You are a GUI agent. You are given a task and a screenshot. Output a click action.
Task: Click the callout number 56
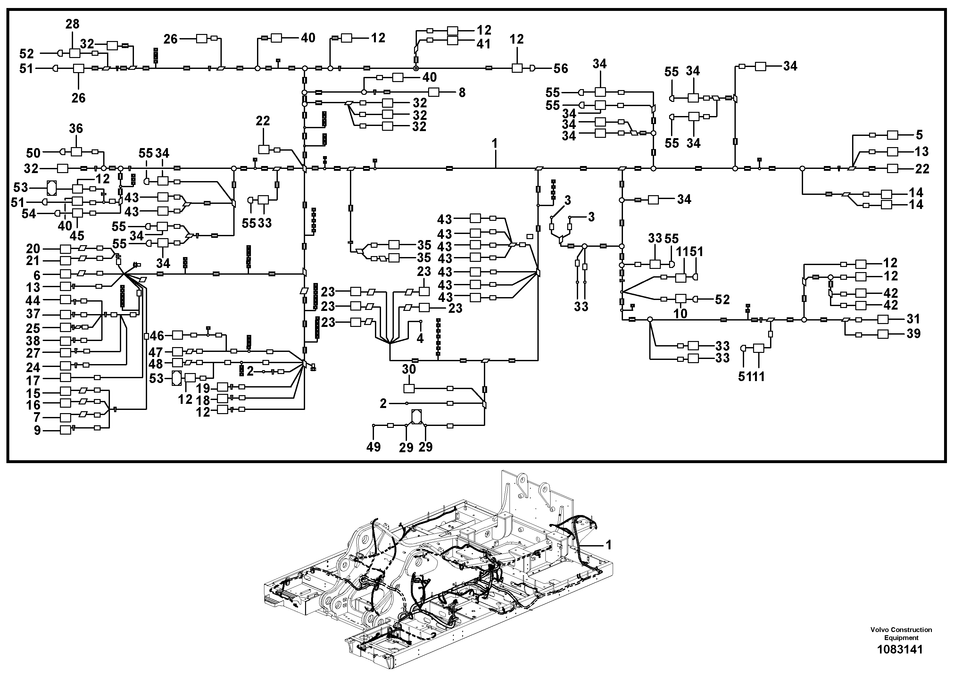pos(560,69)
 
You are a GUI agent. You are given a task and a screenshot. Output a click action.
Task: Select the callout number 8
pos(462,92)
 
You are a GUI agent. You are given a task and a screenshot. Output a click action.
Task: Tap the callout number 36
pos(76,129)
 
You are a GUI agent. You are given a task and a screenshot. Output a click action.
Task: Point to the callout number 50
pos(33,153)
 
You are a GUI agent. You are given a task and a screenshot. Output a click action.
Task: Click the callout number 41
pos(484,44)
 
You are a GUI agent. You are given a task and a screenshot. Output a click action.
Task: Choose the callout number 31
pos(913,319)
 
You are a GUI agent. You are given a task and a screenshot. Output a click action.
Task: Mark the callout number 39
pos(913,334)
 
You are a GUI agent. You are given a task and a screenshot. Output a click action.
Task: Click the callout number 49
pos(374,447)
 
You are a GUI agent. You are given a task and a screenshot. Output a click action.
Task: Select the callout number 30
pos(409,369)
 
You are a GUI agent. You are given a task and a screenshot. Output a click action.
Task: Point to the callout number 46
pos(157,335)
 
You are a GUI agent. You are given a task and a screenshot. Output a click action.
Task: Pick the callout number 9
pos(37,430)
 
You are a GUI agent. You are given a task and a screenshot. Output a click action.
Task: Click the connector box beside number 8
pos(434,92)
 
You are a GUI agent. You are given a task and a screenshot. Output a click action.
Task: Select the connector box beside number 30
pos(409,388)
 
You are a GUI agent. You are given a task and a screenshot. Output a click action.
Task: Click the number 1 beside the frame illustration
pos(609,544)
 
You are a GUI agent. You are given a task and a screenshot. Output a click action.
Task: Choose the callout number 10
pos(680,313)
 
